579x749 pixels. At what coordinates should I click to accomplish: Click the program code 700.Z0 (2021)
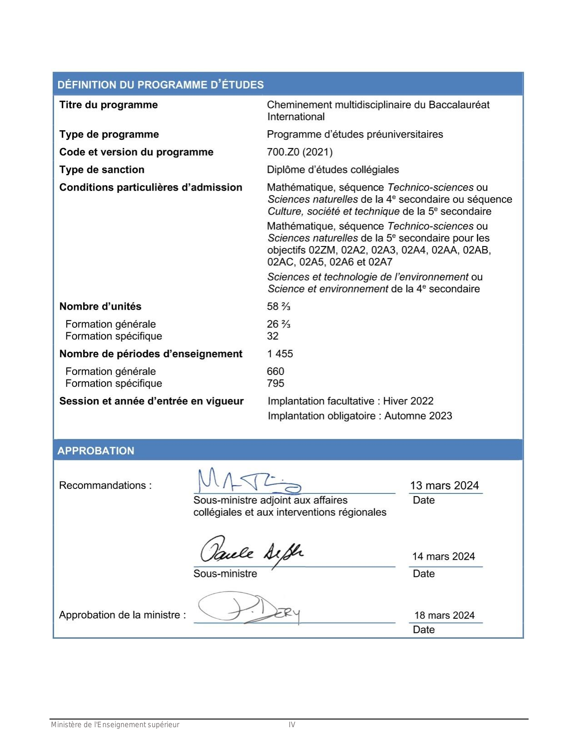tap(300, 152)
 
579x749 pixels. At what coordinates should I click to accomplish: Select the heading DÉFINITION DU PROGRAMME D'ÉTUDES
tap(160, 85)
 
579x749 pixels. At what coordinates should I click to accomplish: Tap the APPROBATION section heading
tap(96, 451)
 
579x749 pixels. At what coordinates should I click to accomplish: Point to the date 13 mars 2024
tap(444, 486)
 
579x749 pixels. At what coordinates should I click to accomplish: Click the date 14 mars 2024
tap(443, 557)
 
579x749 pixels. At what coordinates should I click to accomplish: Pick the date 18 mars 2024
tap(444, 616)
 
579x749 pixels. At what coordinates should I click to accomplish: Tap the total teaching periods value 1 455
tap(280, 354)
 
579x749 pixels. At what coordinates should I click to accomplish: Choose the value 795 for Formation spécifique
tap(275, 384)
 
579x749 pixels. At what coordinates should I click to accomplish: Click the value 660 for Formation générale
tap(275, 371)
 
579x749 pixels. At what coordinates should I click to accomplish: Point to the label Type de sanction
tap(102, 170)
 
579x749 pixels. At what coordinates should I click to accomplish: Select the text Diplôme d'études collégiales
tap(333, 170)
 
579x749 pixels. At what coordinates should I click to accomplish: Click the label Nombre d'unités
tap(100, 306)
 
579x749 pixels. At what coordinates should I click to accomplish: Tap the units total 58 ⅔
tap(278, 306)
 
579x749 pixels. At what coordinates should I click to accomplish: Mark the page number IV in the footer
tap(292, 725)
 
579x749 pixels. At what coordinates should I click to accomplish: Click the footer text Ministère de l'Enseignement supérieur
tap(115, 725)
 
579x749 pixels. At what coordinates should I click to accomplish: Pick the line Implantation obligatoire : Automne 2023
tap(360, 416)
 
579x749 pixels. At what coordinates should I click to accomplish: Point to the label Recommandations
tap(105, 486)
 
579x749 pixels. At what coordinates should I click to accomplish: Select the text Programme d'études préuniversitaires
tap(355, 134)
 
